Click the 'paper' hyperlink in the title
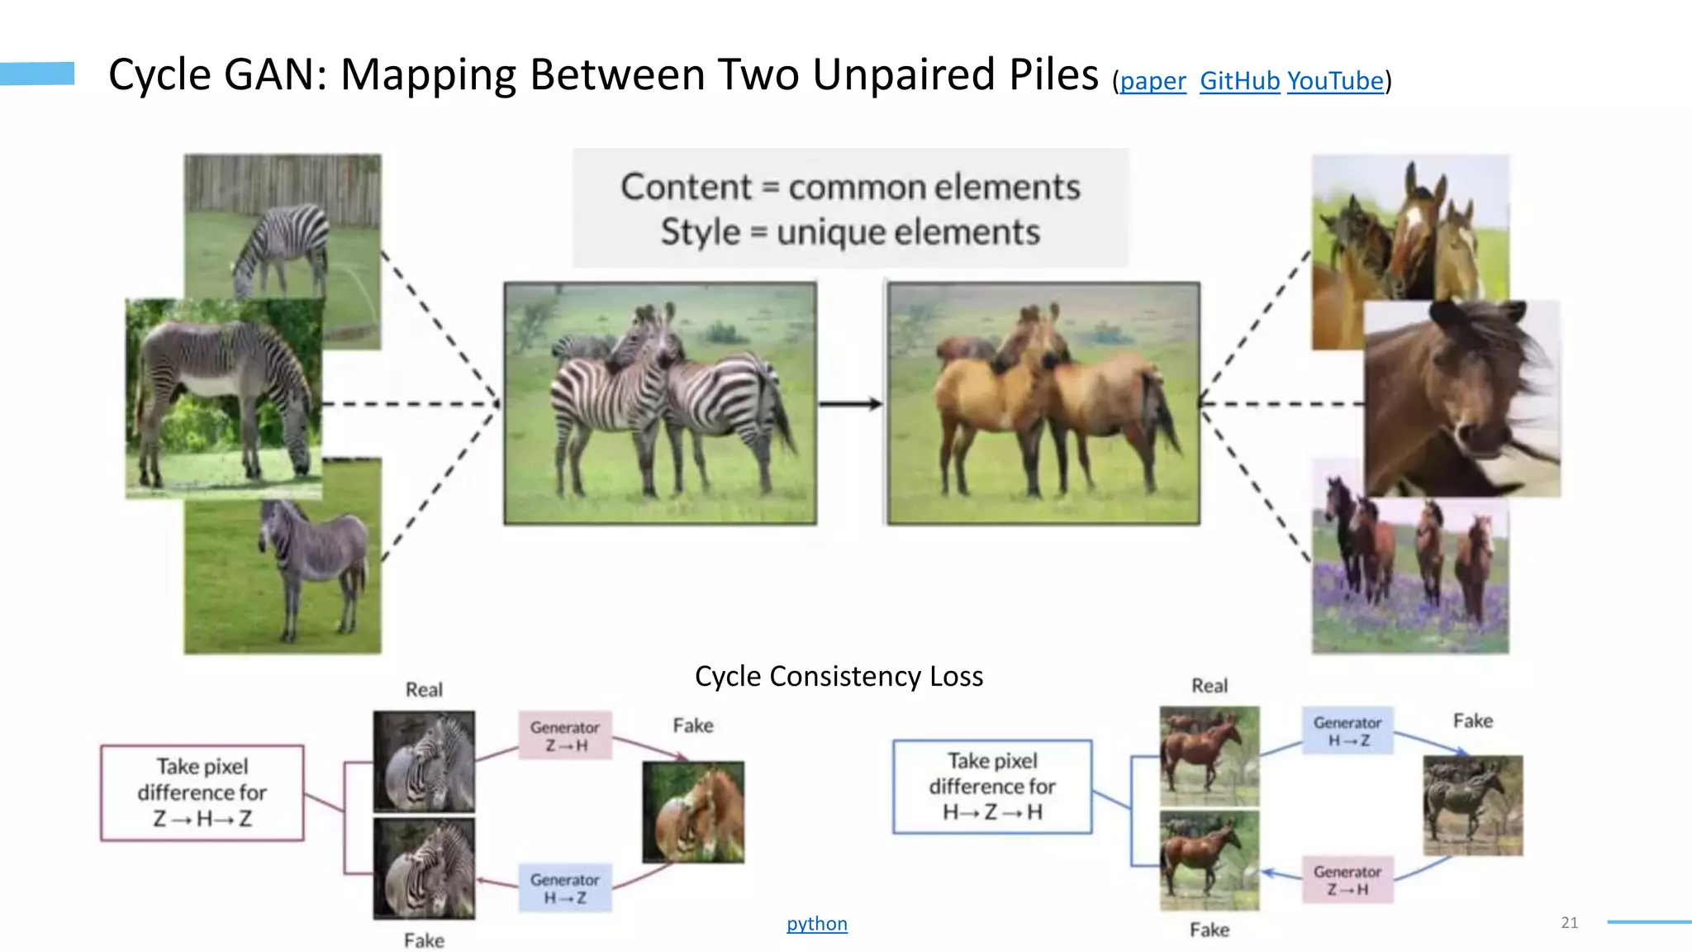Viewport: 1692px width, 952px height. [x=1153, y=81]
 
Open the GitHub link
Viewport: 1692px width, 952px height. [x=1239, y=81]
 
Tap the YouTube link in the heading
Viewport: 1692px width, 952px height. [x=1334, y=81]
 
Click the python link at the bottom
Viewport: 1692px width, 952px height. [x=816, y=923]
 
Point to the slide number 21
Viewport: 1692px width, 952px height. [x=1570, y=922]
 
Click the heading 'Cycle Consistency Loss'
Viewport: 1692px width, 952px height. [x=839, y=676]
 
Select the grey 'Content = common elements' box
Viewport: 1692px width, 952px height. [x=850, y=208]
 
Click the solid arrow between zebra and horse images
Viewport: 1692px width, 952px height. [x=851, y=403]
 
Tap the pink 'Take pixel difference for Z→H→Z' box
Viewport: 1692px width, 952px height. [x=202, y=793]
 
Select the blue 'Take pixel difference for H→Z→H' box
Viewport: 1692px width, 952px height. [x=992, y=786]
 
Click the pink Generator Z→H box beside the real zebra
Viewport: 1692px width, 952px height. [x=565, y=735]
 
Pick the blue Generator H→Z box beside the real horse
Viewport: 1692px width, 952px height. [x=1347, y=731]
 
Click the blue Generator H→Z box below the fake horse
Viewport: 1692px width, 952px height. [x=565, y=888]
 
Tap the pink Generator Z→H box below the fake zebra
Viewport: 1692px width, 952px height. [x=1347, y=879]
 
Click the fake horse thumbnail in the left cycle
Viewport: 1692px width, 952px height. [x=693, y=812]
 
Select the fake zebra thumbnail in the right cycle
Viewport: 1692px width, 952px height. [x=1473, y=805]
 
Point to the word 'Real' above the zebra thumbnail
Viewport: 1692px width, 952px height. [x=424, y=689]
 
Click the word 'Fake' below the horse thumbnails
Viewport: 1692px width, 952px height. [x=1210, y=930]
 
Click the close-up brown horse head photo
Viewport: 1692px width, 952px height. [x=1461, y=398]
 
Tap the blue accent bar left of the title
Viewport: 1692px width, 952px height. [x=37, y=74]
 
